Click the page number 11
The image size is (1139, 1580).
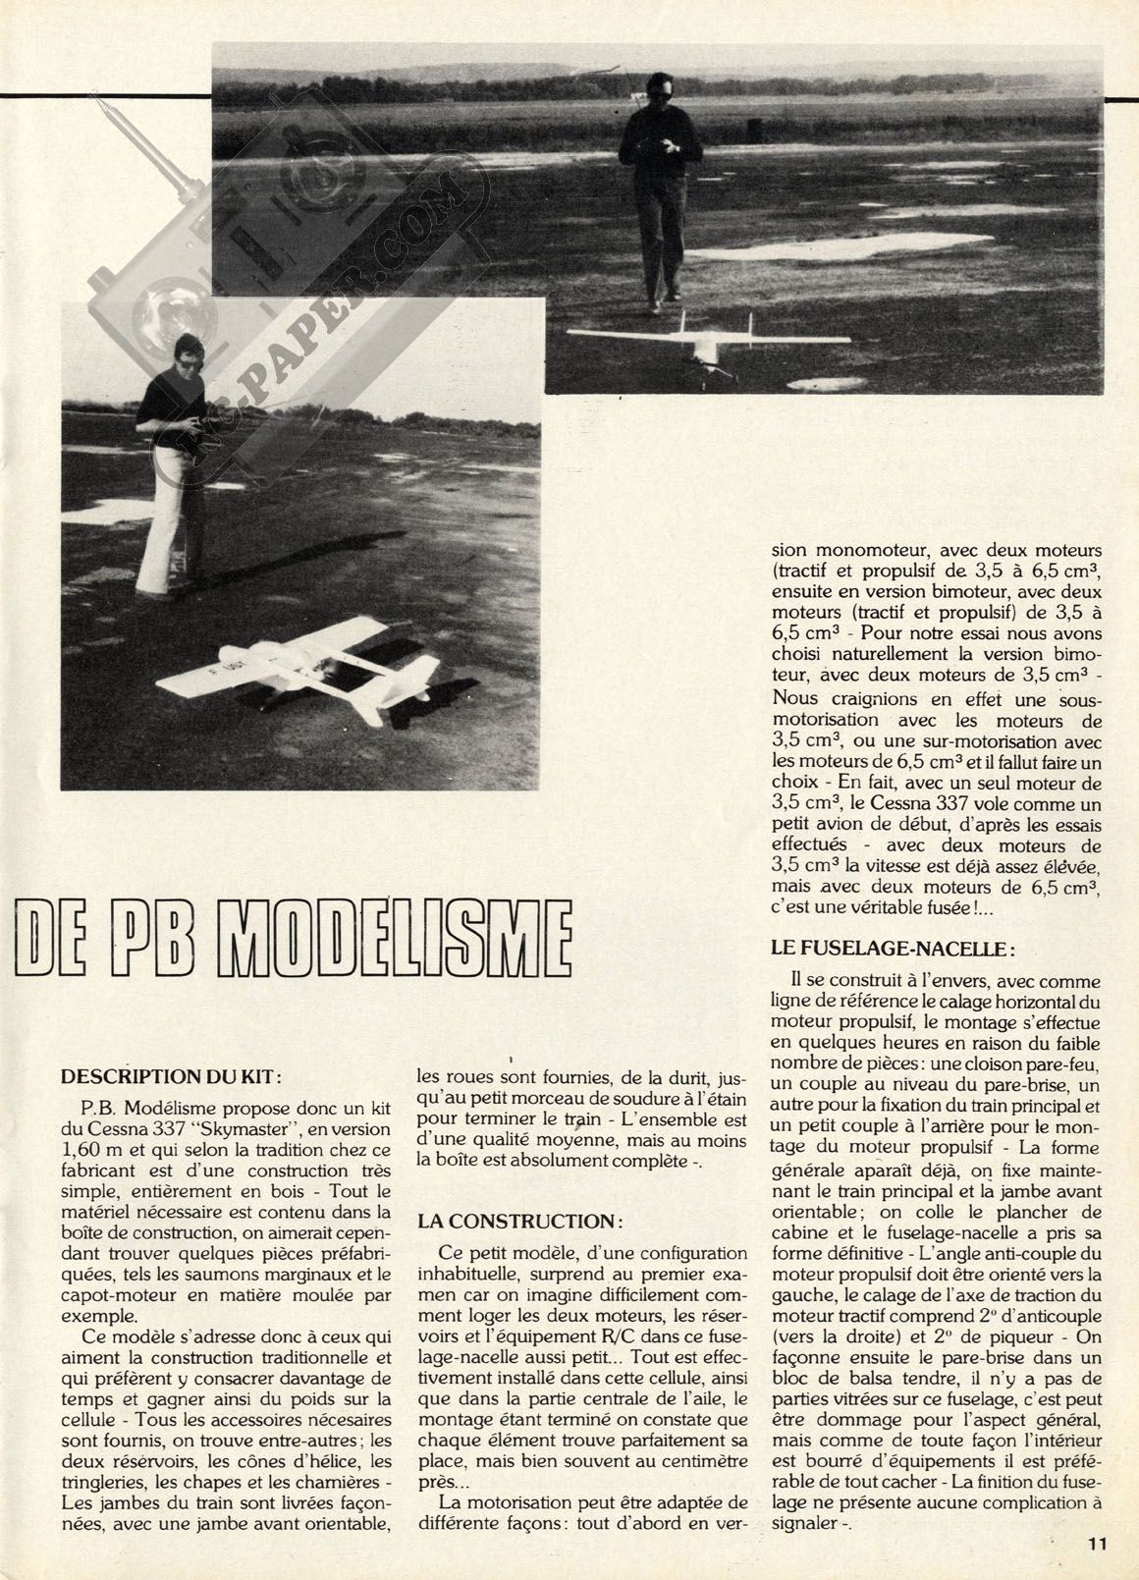(x=1098, y=1545)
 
